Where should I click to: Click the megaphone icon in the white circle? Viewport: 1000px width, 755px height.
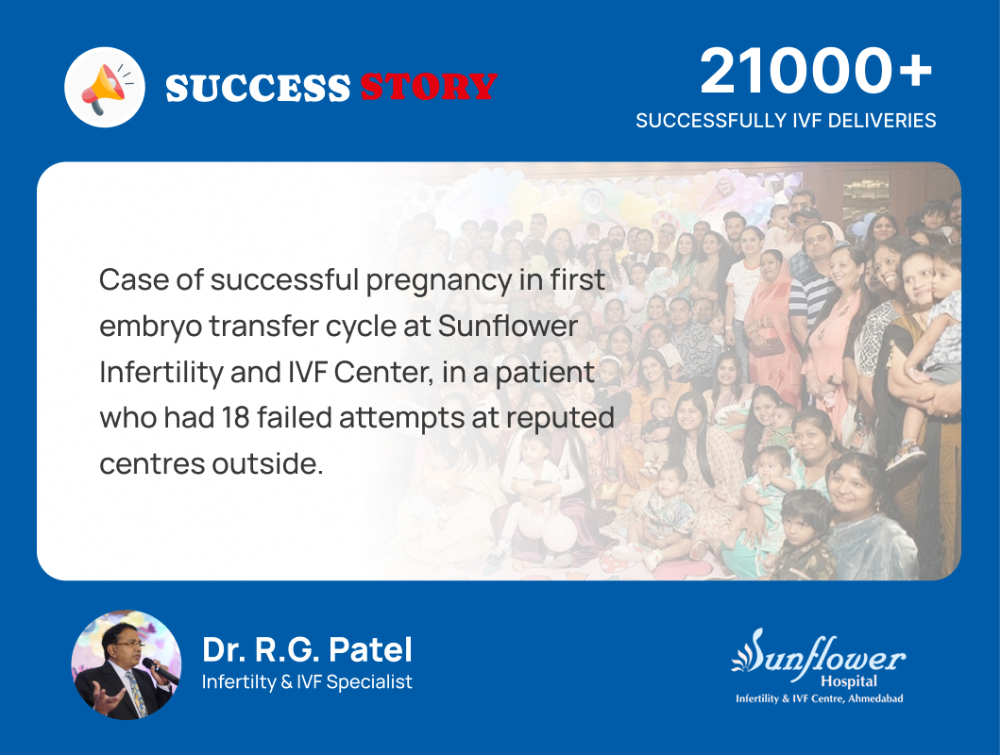tap(104, 87)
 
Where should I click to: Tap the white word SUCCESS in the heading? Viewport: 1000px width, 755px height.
tap(257, 88)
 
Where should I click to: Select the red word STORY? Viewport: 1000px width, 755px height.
tap(428, 88)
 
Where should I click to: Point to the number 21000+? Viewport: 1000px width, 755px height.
tap(816, 73)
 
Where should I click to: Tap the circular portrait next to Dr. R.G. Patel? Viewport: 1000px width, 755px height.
tap(127, 664)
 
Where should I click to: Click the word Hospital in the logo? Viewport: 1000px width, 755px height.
tap(848, 681)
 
